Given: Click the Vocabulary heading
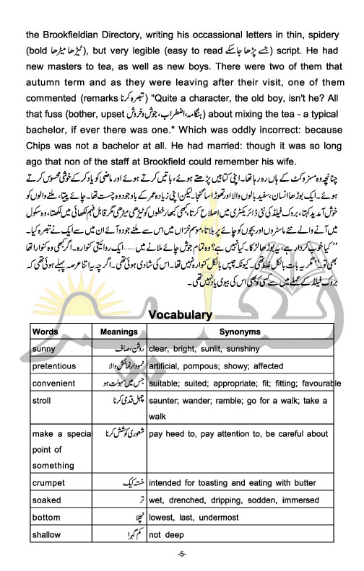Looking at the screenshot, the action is pos(180,315).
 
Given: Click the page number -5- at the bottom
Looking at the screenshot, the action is pos(182,554).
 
